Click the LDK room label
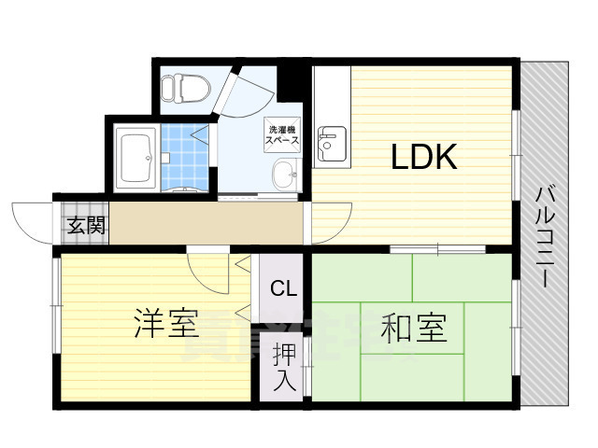click(x=423, y=158)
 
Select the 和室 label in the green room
click(x=414, y=328)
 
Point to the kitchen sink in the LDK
click(x=331, y=146)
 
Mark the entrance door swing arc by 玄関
click(x=32, y=222)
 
